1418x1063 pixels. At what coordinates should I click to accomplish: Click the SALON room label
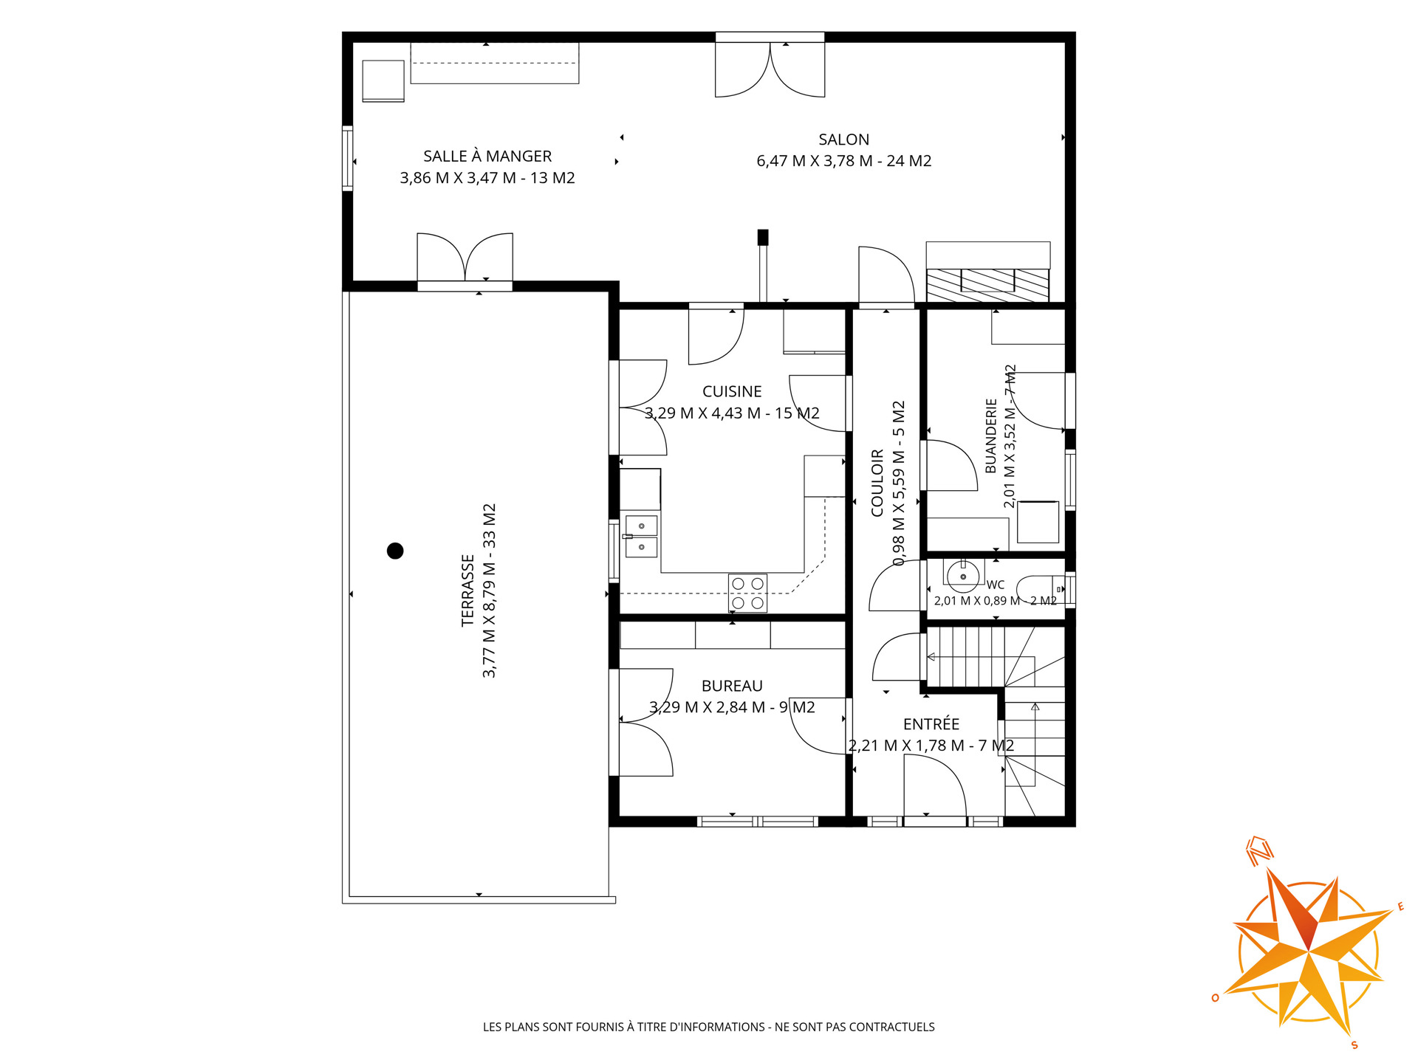[x=843, y=140]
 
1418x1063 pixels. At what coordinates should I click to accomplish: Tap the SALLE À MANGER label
[x=487, y=156]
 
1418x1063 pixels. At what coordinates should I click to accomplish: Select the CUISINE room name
[x=732, y=391]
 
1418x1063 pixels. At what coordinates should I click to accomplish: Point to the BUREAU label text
[x=732, y=686]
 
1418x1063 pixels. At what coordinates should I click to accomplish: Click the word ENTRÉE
[x=931, y=724]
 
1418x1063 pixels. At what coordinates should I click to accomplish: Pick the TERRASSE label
[x=467, y=591]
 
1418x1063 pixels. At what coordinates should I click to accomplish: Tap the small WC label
[x=996, y=585]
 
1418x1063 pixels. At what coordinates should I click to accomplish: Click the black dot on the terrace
[x=395, y=551]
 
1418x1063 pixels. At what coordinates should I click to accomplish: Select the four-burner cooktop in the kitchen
[x=747, y=594]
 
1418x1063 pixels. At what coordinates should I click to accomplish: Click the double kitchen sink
[x=641, y=536]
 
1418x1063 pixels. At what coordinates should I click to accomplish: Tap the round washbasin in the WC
[x=963, y=576]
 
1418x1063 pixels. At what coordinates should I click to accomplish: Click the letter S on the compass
[x=1354, y=1045]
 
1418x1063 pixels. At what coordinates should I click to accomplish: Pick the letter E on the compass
[x=1400, y=907]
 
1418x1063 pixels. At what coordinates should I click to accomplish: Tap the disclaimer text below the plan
[x=709, y=1027]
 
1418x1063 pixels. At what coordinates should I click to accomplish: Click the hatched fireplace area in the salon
[x=988, y=285]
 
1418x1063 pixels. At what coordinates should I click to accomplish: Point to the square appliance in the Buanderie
[x=1038, y=522]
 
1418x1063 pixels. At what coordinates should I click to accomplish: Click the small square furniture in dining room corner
[x=383, y=80]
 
